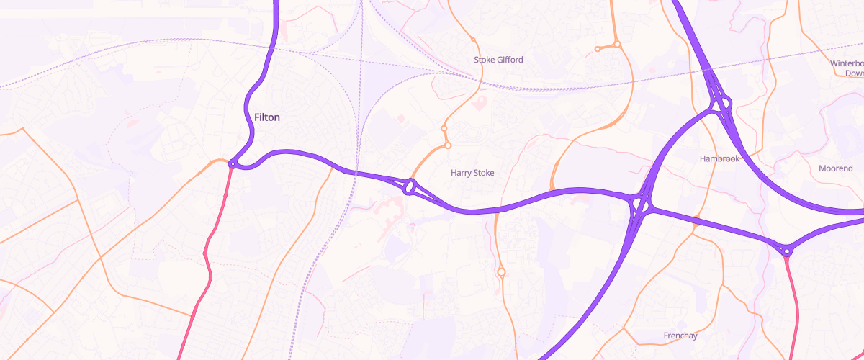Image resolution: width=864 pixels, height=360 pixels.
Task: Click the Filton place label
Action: tap(267, 117)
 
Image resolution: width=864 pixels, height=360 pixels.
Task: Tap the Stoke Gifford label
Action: tap(498, 59)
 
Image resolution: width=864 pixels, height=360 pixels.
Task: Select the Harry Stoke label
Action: tap(472, 173)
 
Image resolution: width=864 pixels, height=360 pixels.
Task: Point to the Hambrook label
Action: tap(719, 158)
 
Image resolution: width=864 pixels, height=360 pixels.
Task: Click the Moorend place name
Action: tap(836, 168)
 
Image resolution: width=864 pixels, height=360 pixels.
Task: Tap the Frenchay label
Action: tap(680, 336)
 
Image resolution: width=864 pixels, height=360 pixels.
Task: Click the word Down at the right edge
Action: tap(854, 73)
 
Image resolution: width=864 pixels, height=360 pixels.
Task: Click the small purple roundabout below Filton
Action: tap(233, 165)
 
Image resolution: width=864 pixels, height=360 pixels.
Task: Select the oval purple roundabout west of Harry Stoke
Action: tap(410, 187)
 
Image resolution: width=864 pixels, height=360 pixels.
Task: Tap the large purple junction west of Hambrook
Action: tap(639, 206)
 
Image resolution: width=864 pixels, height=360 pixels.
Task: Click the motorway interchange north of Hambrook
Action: tap(721, 105)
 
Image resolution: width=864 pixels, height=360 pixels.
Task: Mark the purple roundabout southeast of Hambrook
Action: tap(787, 251)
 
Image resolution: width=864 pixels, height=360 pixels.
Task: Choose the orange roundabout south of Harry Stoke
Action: tap(501, 271)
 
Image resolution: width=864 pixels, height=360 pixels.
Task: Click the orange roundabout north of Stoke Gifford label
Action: tap(474, 40)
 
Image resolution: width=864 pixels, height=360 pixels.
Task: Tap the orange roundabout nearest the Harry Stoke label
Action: tap(447, 145)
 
